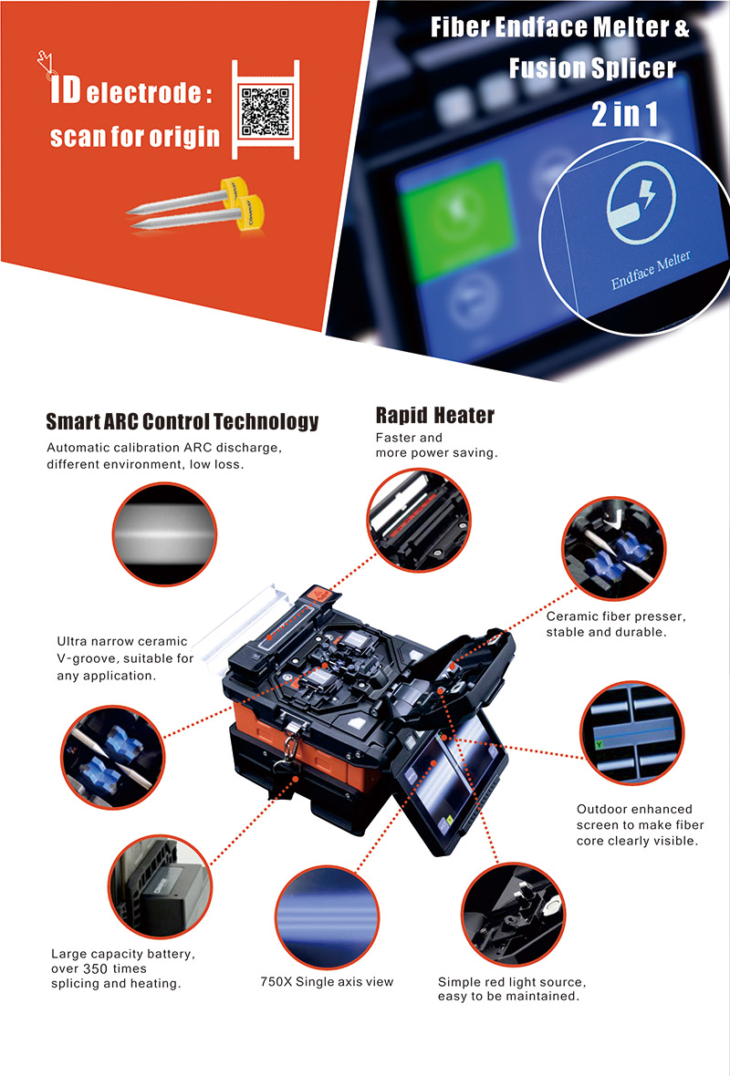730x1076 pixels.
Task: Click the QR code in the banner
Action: pos(265,110)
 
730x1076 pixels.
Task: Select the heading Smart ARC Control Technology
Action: pos(182,421)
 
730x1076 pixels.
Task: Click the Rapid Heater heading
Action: pos(434,416)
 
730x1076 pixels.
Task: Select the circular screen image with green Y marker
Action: pos(629,733)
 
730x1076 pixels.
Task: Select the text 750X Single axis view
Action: pos(327,981)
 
